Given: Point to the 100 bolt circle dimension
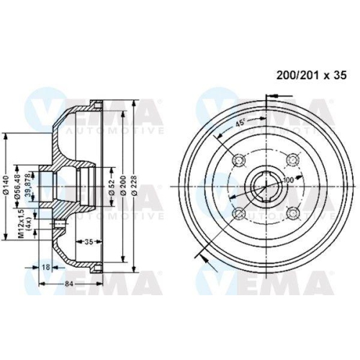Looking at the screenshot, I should click(288, 179).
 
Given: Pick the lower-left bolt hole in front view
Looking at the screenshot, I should click(238, 212).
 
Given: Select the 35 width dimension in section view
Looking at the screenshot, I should click(87, 241).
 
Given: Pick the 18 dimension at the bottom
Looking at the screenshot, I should click(46, 268).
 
